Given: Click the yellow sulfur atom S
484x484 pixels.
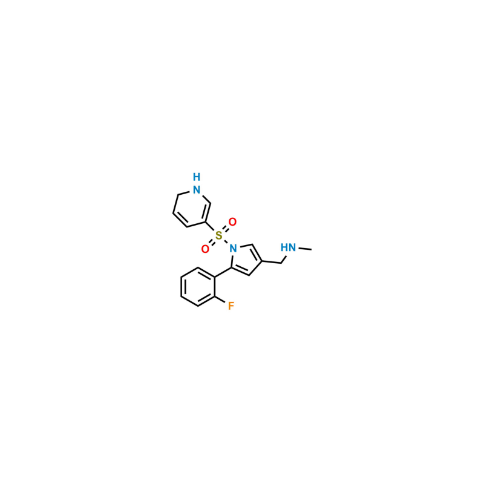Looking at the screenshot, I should [218, 235].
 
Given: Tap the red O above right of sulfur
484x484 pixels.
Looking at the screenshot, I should [232, 222].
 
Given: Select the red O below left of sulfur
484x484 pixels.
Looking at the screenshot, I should [205, 248].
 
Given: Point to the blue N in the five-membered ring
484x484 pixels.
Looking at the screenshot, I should [233, 247].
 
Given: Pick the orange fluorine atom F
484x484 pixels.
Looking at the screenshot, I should [231, 307].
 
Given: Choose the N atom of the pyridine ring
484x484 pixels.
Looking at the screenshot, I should [196, 190].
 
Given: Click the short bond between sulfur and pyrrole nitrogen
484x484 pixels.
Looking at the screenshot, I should [226, 241].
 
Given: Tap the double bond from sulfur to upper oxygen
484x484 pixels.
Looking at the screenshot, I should [226, 228].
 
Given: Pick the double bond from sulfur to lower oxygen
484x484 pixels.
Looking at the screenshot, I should [212, 241].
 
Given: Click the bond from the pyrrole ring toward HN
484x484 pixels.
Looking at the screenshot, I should [273, 259].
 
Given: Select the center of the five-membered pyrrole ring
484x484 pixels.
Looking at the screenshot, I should [245, 258].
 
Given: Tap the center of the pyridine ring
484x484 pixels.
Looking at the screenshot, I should [191, 209].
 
